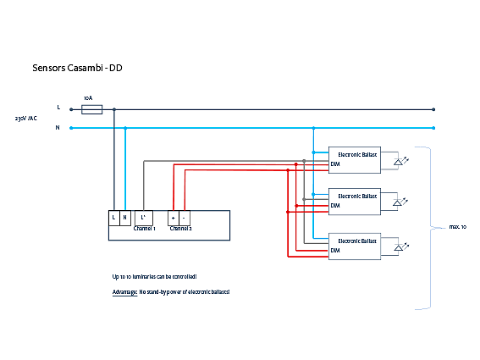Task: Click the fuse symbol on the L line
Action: pyautogui.click(x=91, y=108)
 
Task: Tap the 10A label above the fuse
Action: pyautogui.click(x=88, y=97)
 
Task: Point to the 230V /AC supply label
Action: pyautogui.click(x=26, y=118)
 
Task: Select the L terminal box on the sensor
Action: pyautogui.click(x=113, y=217)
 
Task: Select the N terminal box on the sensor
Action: pyautogui.click(x=125, y=217)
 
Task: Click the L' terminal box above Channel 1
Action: pyautogui.click(x=144, y=217)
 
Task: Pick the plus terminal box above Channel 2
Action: pyautogui.click(x=174, y=217)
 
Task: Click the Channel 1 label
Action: pyautogui.click(x=145, y=229)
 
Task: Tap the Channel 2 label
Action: pyautogui.click(x=180, y=229)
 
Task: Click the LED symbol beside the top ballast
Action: pyautogui.click(x=400, y=159)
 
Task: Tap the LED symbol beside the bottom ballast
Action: pyautogui.click(x=400, y=246)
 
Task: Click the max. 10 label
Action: pyautogui.click(x=458, y=227)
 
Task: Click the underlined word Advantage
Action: pyautogui.click(x=124, y=291)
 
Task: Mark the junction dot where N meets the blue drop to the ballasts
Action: pyautogui.click(x=313, y=128)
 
